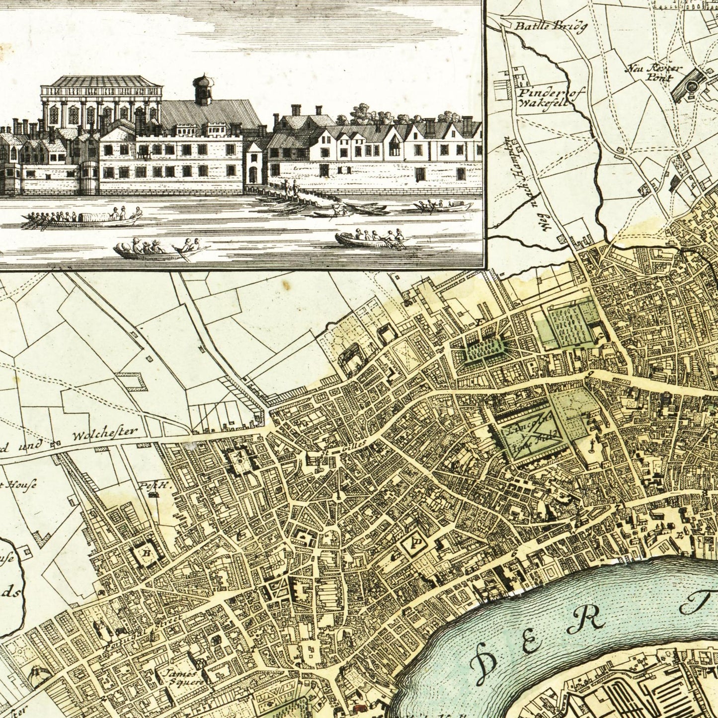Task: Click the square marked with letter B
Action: pos(147,552)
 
